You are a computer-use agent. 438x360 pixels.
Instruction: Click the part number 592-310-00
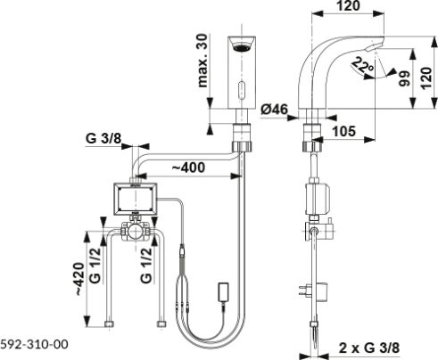34,344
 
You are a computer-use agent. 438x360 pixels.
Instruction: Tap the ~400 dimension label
188,168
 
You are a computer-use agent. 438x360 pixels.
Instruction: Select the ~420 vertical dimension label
79,279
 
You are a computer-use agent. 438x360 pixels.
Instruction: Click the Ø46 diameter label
275,110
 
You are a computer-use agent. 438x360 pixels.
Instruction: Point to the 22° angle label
362,65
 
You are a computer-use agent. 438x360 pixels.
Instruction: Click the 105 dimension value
343,131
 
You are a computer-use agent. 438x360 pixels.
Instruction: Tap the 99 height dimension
404,78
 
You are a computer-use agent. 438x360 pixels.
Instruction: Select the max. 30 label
202,61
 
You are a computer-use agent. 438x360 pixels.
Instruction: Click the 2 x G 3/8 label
369,348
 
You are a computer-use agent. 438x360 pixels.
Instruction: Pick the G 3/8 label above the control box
103,138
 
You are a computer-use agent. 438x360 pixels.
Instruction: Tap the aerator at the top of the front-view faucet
242,47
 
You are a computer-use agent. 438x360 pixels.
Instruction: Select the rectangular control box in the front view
135,199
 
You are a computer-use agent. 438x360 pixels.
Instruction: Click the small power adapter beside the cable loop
224,291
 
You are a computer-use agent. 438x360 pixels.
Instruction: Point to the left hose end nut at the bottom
110,323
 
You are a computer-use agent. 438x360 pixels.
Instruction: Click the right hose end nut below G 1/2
161,323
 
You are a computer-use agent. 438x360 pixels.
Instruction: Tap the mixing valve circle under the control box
136,232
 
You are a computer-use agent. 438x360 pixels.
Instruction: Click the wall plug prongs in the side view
303,290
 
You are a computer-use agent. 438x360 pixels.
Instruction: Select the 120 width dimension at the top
349,5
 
